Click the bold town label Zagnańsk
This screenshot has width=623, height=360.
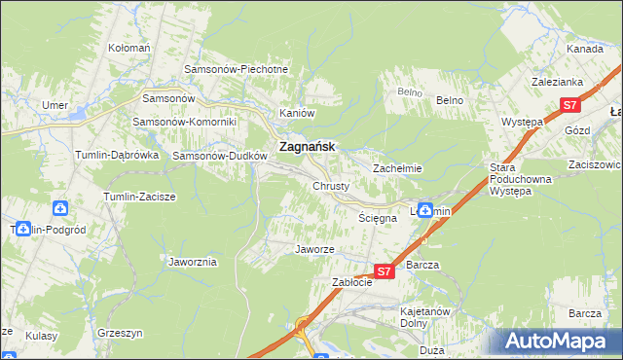pyautogui.click(x=307, y=147)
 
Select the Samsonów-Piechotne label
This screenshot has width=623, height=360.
pyautogui.click(x=238, y=70)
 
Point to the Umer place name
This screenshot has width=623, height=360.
pyautogui.click(x=54, y=105)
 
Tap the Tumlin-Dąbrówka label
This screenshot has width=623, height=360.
pyautogui.click(x=117, y=155)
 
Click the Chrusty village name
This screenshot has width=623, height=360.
pyautogui.click(x=331, y=186)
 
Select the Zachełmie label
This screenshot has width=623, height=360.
pyautogui.click(x=397, y=168)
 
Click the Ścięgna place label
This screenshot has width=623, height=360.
pyautogui.click(x=378, y=219)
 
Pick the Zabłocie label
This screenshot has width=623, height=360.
pyautogui.click(x=352, y=282)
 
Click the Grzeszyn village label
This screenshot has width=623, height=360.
pyautogui.click(x=121, y=333)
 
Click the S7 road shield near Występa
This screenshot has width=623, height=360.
pyautogui.click(x=570, y=106)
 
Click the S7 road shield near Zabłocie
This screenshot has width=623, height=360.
pyautogui.click(x=384, y=271)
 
